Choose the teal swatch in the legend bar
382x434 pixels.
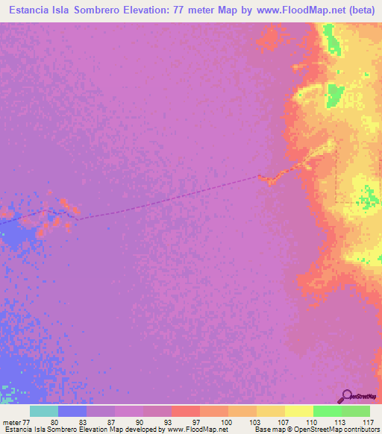tap(44, 411)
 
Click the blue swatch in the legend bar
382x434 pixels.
tap(72, 411)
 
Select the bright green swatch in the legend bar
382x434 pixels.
tap(328, 411)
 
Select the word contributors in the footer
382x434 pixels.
tap(359, 430)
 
